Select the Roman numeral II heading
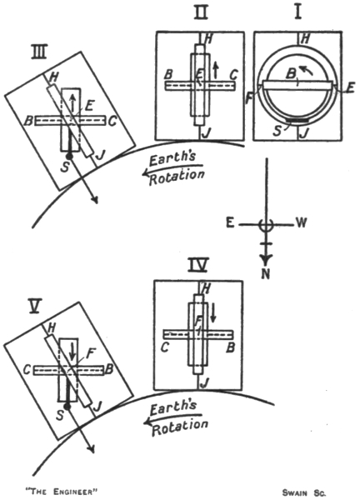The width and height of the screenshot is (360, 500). click(202, 13)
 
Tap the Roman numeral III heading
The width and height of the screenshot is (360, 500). click(38, 52)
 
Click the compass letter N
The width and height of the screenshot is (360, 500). click(266, 274)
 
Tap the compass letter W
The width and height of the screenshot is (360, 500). click(301, 223)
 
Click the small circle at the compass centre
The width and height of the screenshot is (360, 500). click(266, 225)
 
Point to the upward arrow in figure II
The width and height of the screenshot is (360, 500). click(216, 70)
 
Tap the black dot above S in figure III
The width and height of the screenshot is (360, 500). click(69, 157)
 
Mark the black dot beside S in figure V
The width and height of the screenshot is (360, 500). click(67, 407)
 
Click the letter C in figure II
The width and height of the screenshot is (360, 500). click(233, 75)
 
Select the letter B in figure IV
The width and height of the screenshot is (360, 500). click(230, 347)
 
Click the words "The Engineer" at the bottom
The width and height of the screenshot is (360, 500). click(61, 492)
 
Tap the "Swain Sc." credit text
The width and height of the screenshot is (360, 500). click(304, 492)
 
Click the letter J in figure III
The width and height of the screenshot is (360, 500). click(100, 155)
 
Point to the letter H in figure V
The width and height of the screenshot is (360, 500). click(51, 328)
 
